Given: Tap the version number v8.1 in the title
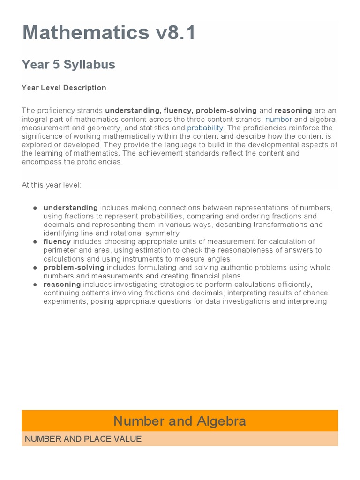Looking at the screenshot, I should click(x=174, y=33).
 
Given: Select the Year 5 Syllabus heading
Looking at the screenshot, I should click(x=68, y=65).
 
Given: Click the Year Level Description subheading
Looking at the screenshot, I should click(x=64, y=88).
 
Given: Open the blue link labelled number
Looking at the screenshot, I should click(x=278, y=120).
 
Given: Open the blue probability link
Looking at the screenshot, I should click(x=205, y=128).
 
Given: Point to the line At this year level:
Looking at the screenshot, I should click(x=52, y=185).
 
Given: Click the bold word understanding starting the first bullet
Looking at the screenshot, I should click(x=70, y=208).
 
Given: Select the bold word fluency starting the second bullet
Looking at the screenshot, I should click(x=57, y=242).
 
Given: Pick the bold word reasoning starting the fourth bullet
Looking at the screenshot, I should click(x=62, y=285).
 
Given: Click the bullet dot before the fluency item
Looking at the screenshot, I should click(x=35, y=242).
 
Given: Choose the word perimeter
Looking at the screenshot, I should click(x=58, y=250).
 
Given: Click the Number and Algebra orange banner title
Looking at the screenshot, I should click(x=180, y=421).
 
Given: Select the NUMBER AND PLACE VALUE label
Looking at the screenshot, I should click(x=83, y=439).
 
